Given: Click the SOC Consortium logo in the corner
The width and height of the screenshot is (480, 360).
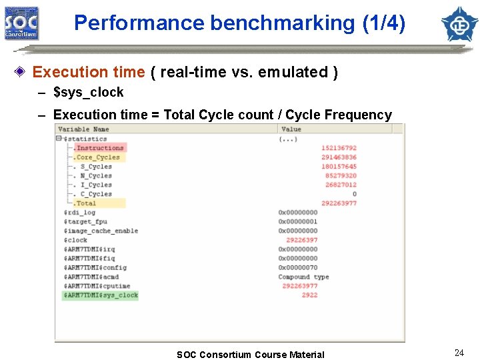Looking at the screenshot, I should click(x=22, y=23).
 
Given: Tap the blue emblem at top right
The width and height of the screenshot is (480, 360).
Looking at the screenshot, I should click(x=460, y=23).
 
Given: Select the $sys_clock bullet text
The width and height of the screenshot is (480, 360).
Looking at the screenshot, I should click(x=88, y=92).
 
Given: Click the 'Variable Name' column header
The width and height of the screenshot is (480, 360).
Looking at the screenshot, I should click(x=83, y=129).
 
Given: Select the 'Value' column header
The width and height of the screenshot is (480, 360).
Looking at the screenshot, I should click(x=291, y=129).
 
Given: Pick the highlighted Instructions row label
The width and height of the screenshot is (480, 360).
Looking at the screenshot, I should click(x=99, y=148).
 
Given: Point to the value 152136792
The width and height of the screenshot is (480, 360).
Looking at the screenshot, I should click(x=339, y=148).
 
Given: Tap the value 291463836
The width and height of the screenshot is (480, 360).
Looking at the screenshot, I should click(x=339, y=157).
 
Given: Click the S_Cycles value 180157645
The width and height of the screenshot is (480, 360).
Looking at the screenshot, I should click(x=339, y=167).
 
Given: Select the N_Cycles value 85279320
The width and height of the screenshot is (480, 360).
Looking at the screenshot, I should click(x=341, y=176).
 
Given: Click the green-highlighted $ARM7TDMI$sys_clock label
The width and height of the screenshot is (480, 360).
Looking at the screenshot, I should click(x=101, y=295).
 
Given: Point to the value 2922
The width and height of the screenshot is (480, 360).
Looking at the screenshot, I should click(x=309, y=295).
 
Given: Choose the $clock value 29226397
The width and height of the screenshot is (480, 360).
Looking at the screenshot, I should click(x=301, y=240).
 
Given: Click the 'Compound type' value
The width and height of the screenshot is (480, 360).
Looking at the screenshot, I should click(x=303, y=277).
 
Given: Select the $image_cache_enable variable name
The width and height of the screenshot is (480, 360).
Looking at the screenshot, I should click(x=101, y=231).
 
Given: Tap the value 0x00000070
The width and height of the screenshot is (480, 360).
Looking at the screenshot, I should click(x=298, y=267).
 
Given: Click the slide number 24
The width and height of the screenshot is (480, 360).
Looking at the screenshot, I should click(x=459, y=353).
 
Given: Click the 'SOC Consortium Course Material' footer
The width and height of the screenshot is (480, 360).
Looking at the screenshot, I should click(x=250, y=355).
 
